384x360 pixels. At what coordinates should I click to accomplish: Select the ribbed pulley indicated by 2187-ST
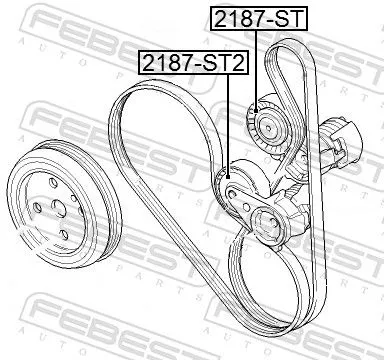pyautogui.click(x=268, y=122)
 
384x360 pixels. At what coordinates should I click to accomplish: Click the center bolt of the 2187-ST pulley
pyautogui.click(x=269, y=123)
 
